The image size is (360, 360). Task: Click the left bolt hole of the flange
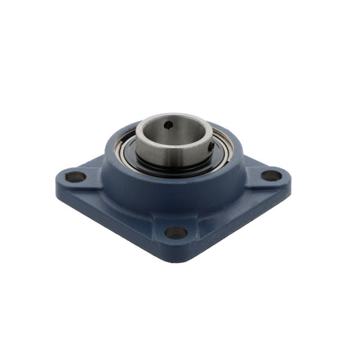coord(76,177)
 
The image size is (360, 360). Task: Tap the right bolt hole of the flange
coord(271,175)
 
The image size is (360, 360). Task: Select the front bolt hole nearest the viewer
coord(176,232)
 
